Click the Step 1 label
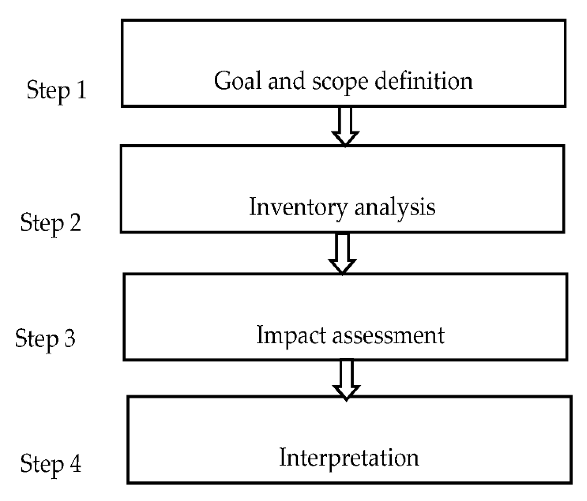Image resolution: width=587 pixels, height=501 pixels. coord(57,90)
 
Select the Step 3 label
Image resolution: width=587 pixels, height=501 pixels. coord(45,338)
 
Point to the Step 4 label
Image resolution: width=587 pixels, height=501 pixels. coord(51,463)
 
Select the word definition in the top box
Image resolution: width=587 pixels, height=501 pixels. coord(424,81)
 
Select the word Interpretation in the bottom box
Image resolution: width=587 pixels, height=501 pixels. coord(349,458)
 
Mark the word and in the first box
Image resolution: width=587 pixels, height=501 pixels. coord(286,81)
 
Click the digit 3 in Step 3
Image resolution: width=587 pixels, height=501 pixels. coord(70,338)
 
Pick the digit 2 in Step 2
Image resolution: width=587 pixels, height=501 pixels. coord(75,222)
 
